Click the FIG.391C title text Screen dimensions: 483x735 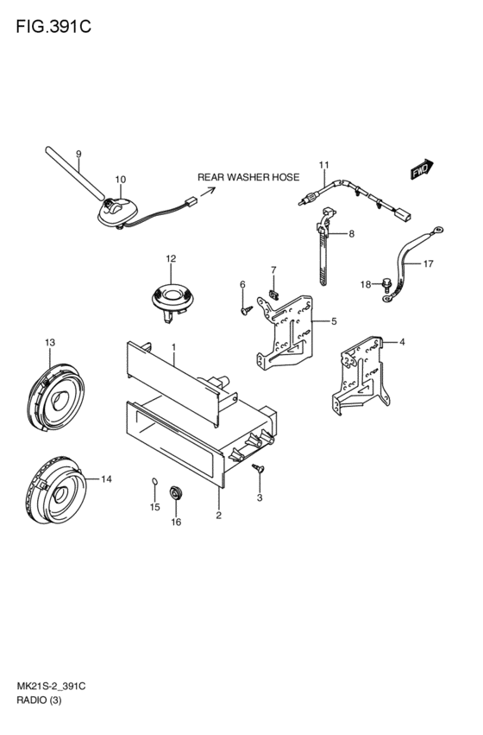click(53, 27)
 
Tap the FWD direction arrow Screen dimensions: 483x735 click(422, 168)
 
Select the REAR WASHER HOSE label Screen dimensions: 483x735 click(248, 177)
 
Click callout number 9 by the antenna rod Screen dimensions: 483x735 click(78, 154)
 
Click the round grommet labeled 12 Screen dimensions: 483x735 click(172, 300)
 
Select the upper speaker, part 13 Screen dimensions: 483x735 click(56, 396)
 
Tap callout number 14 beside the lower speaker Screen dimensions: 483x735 click(107, 479)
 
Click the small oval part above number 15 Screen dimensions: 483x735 click(155, 481)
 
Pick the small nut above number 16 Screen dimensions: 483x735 click(175, 493)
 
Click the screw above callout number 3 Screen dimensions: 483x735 click(258, 468)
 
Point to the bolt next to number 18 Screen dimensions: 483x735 click(386, 283)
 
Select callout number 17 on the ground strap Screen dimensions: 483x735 click(429, 264)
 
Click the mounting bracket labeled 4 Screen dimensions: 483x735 click(361, 375)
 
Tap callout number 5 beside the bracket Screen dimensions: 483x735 click(334, 321)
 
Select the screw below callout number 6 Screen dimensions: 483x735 click(246, 310)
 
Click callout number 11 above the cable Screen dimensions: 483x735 click(324, 165)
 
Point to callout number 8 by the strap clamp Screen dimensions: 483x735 click(351, 233)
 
